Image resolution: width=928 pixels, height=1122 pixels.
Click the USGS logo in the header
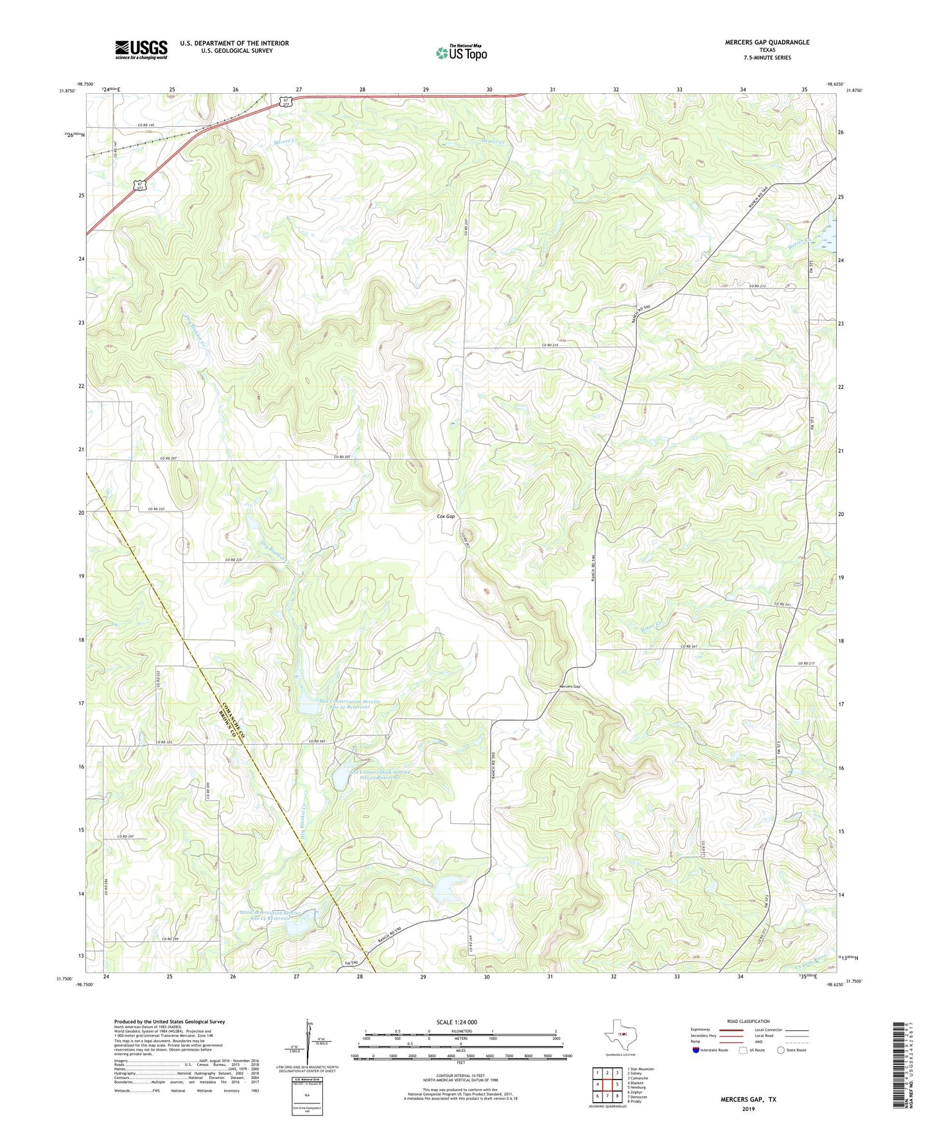[141, 49]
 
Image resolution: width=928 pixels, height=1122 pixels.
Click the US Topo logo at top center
[460, 53]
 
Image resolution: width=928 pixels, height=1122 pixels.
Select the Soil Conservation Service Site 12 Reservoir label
[349, 704]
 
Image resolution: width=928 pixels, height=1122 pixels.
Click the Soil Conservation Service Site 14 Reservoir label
[269, 915]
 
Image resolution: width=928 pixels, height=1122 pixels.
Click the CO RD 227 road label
[156, 510]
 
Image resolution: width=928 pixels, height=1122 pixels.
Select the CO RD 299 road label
[170, 939]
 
